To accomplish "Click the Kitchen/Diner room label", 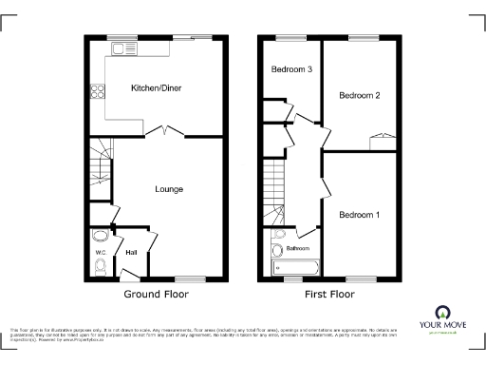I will point(156,88).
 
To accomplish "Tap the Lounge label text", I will point(169,189).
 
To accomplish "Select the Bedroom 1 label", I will point(360,215).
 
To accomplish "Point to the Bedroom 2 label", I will point(360,96).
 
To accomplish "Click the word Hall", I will point(131,253).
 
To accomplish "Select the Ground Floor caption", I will point(156,295).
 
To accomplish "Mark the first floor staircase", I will point(274,185).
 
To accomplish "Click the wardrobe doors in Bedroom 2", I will point(383,140).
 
